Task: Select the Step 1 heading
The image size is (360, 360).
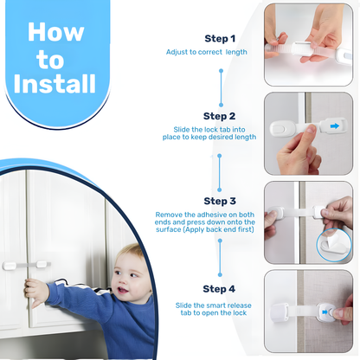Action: [x=218, y=39]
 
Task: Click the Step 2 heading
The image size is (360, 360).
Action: [x=218, y=116]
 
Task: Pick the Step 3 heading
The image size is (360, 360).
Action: [x=218, y=200]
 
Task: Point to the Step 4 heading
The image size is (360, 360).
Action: [x=218, y=288]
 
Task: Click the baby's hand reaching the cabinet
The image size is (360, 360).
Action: [x=35, y=292]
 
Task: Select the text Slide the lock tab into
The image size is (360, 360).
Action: [x=209, y=130]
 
